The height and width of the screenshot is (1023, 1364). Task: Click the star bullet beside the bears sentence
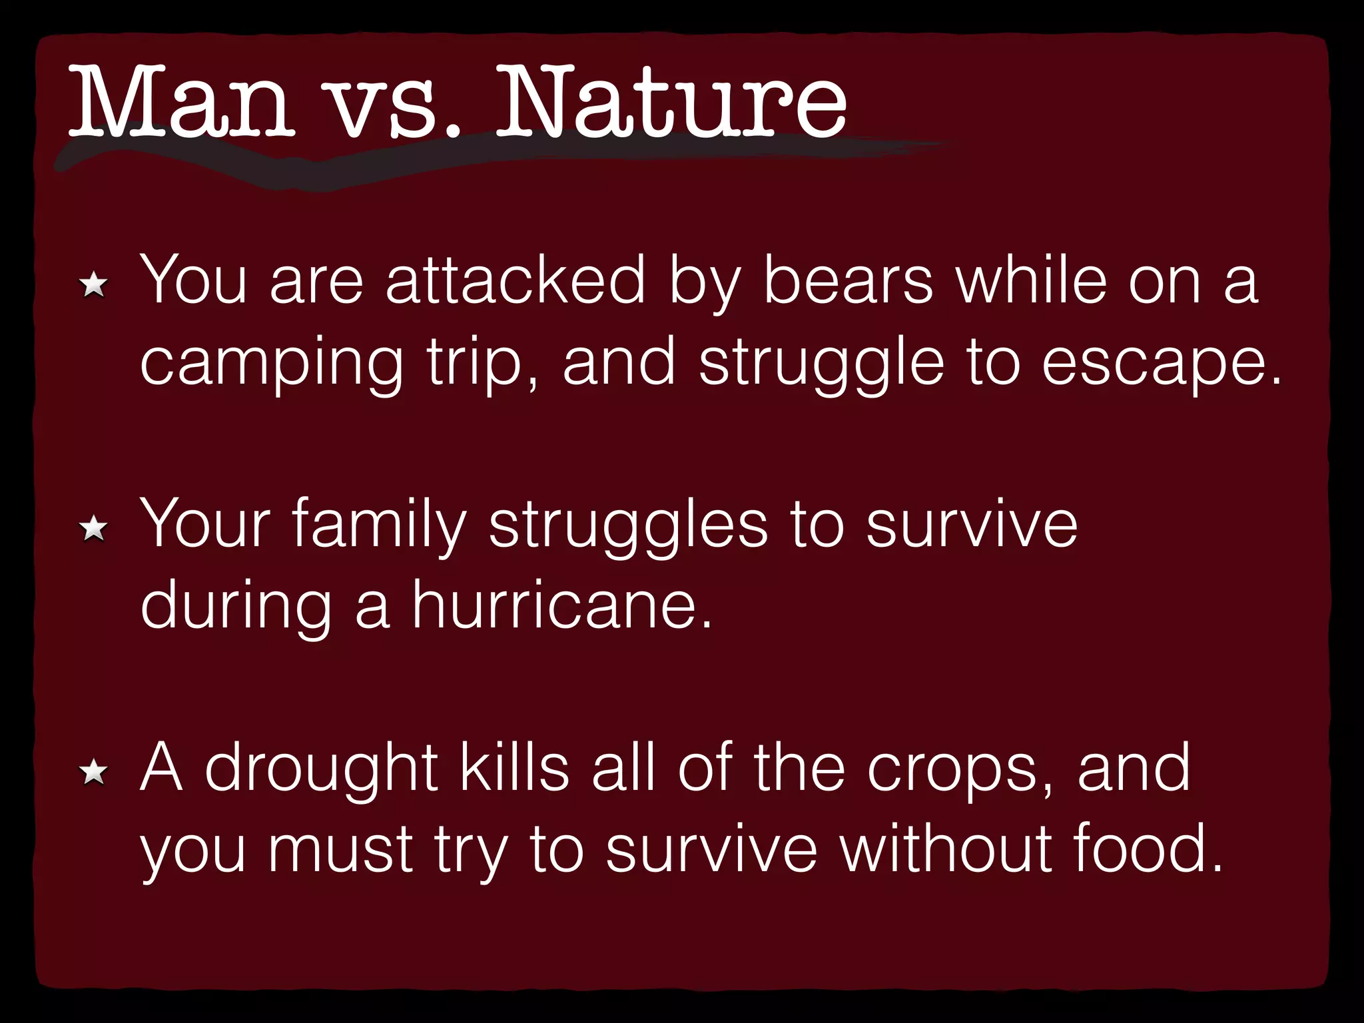click(93, 286)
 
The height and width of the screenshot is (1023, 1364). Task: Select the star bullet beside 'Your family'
click(93, 529)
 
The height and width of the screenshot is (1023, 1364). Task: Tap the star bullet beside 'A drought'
click(93, 773)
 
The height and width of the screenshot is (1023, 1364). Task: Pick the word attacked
click(516, 280)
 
